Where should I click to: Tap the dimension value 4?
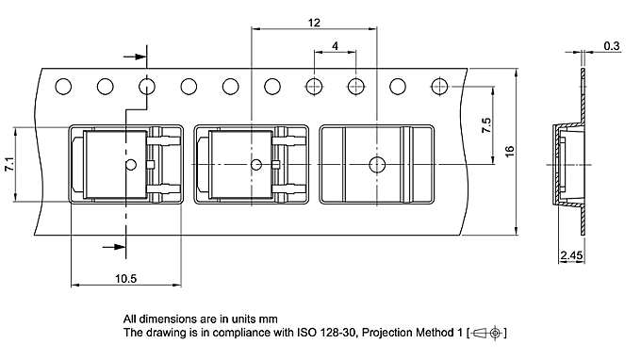click(336, 46)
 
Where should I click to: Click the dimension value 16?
click(510, 152)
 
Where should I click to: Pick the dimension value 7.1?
click(8, 164)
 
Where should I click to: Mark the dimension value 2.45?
click(571, 255)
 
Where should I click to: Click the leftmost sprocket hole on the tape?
click(63, 88)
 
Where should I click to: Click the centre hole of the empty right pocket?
click(378, 165)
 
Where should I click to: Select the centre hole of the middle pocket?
click(255, 165)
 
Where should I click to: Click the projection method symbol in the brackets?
click(487, 333)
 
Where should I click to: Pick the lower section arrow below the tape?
click(114, 247)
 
